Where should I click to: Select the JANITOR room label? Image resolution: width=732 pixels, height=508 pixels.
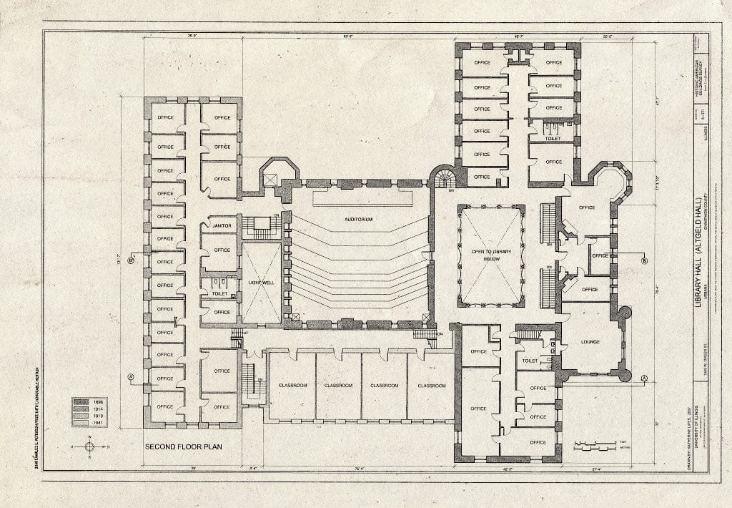(x=222, y=226)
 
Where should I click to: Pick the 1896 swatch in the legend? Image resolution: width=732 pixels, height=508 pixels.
(x=89, y=403)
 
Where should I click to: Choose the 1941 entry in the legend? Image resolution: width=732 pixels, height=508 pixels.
(x=89, y=423)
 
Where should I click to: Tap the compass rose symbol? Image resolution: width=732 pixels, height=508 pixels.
(x=89, y=446)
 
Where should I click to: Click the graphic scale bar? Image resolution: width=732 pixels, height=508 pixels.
(x=595, y=446)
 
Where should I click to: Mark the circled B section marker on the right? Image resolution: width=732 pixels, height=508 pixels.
(x=644, y=261)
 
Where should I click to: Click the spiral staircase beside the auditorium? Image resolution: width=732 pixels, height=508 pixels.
(x=443, y=177)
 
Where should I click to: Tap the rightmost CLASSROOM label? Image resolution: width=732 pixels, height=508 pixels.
(x=431, y=386)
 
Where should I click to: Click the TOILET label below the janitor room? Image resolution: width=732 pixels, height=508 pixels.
(x=219, y=293)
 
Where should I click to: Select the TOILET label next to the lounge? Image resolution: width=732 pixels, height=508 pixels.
(x=530, y=361)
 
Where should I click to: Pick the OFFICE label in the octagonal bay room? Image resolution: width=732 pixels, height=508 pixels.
(x=587, y=207)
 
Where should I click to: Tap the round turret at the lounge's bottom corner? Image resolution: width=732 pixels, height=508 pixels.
(x=625, y=375)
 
